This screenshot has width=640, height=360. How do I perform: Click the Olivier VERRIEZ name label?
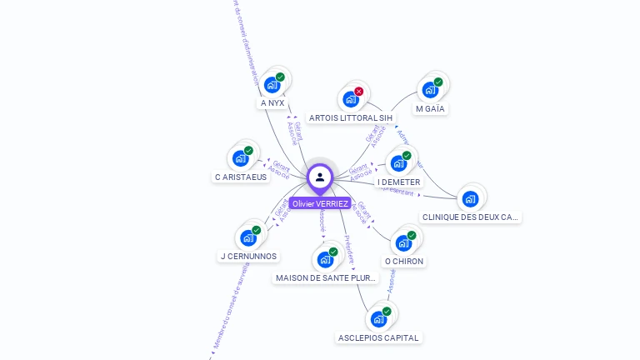[x=320, y=203]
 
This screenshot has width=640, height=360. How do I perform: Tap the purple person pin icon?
[x=320, y=177]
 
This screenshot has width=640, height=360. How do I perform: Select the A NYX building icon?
[x=272, y=84]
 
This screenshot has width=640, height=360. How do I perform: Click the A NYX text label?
[x=272, y=103]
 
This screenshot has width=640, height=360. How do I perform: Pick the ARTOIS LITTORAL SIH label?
[x=350, y=118]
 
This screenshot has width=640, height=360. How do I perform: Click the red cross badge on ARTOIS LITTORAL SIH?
[x=359, y=91]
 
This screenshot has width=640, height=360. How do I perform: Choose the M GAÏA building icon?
[x=430, y=89]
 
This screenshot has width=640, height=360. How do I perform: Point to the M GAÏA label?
[x=430, y=109]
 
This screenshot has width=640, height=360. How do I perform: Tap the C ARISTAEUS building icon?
[x=240, y=157]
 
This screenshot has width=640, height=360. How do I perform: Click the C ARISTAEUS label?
[x=241, y=177]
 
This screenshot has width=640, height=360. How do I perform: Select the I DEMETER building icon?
[x=398, y=162]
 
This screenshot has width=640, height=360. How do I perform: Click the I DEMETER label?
[x=399, y=182]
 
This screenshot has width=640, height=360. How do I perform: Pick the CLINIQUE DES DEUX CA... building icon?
[x=470, y=198]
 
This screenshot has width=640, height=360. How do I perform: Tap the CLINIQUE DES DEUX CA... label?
[x=470, y=217]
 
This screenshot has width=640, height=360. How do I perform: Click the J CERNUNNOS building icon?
[x=248, y=237]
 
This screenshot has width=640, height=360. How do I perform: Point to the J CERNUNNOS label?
[x=248, y=257]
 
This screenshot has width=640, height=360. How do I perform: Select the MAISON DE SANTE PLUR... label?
[x=326, y=277]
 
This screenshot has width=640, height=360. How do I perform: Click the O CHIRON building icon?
[x=403, y=242]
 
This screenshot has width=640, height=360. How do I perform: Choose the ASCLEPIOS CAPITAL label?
[x=379, y=337]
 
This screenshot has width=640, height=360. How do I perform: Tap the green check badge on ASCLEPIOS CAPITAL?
[x=387, y=312]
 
